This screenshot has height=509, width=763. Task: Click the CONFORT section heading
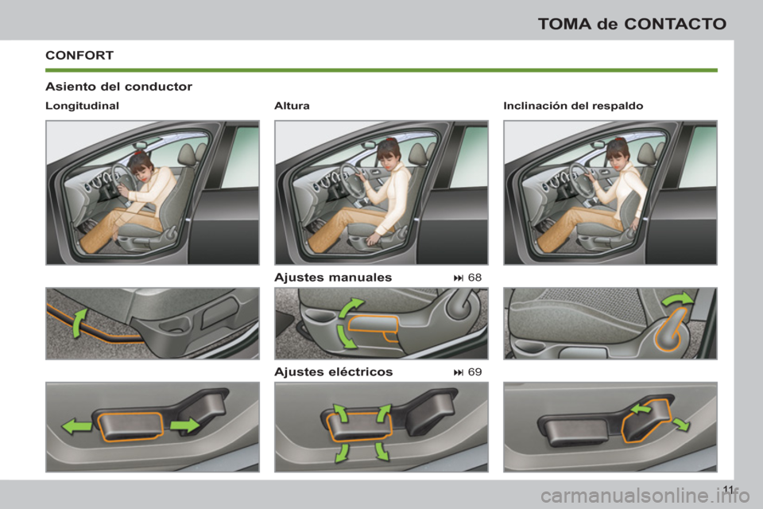pos(79,56)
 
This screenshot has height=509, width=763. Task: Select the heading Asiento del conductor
pos(119,86)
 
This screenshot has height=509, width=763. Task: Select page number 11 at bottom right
pos(729,488)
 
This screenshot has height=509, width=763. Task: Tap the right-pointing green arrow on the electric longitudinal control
pos(184,425)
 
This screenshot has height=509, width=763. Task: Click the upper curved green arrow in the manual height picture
pos(352,309)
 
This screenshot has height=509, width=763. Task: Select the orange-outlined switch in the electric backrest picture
pos(645,420)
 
